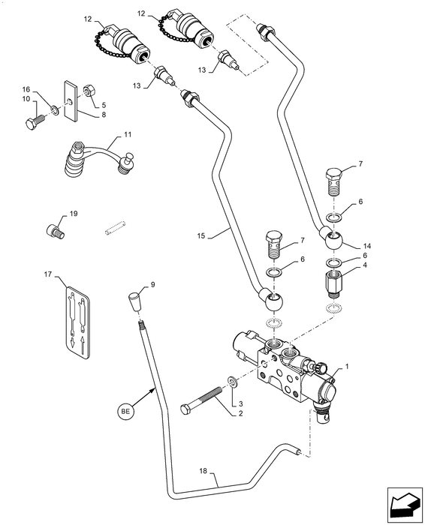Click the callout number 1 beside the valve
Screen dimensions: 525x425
click(x=347, y=367)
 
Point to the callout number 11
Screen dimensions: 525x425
click(x=128, y=135)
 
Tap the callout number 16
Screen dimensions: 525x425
click(x=26, y=88)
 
